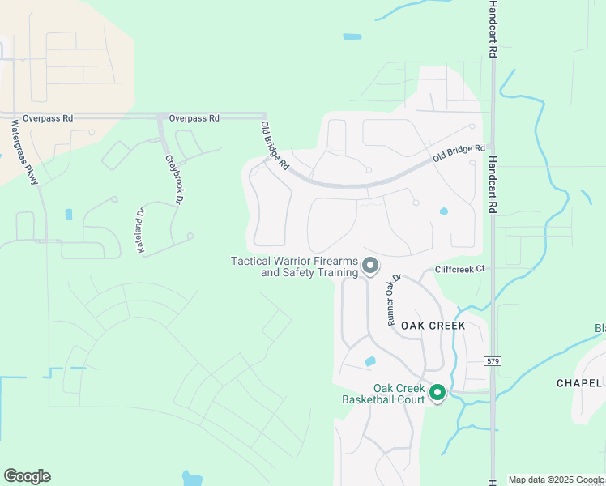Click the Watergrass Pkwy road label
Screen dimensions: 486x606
coord(25,153)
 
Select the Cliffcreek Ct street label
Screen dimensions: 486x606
coord(459,268)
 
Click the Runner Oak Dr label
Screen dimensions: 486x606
coord(395,301)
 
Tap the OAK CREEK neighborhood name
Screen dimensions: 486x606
coord(432,326)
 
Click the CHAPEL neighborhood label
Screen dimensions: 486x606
coord(580,383)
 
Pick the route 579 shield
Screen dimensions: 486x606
coord(493,360)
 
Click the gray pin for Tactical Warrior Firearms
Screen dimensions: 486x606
coord(370,265)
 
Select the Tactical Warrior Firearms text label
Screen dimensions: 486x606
coord(295,266)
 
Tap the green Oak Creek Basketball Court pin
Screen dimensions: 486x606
coord(437,393)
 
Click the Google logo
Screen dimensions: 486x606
coord(27,476)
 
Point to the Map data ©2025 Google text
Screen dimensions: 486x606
coord(556,480)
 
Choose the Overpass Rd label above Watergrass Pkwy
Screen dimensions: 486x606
coord(48,118)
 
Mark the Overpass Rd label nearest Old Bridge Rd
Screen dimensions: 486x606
coord(194,118)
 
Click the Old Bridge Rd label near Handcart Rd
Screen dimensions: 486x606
coord(459,152)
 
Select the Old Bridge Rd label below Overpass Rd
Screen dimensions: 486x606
coord(275,146)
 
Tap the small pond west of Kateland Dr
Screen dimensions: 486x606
coord(68,215)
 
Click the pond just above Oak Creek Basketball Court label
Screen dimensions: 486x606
coord(370,360)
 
